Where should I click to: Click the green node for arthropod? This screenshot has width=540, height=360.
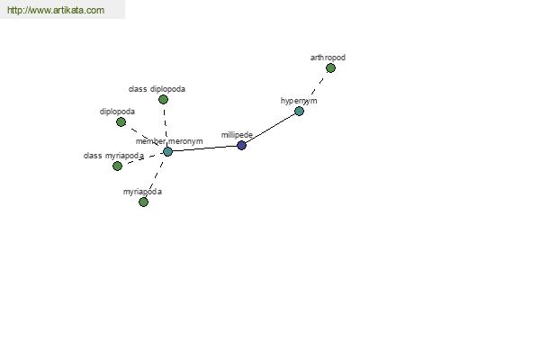(x=330, y=68)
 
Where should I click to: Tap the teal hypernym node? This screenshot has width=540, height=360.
(x=299, y=111)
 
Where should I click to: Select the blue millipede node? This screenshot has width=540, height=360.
(x=241, y=145)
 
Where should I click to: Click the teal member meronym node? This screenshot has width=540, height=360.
(x=167, y=151)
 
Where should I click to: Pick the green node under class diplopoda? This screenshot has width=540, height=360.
(x=163, y=99)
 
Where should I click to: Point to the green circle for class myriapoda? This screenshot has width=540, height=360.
(x=117, y=166)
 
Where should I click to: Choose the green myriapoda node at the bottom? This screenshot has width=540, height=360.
(x=143, y=202)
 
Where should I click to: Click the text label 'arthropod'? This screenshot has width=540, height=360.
(x=328, y=58)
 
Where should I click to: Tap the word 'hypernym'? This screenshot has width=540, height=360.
(x=299, y=101)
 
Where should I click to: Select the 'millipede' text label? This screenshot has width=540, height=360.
(x=237, y=134)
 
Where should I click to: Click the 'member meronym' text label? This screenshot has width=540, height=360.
(x=169, y=141)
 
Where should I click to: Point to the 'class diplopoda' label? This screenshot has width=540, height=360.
(x=157, y=89)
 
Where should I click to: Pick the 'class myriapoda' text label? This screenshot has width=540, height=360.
(x=113, y=156)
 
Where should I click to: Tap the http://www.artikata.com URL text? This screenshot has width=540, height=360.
(x=55, y=11)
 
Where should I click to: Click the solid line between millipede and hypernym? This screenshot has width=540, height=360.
(x=270, y=128)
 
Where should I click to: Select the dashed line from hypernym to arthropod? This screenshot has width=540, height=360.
(x=315, y=89)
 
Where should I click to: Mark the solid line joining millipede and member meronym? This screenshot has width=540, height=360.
(x=204, y=148)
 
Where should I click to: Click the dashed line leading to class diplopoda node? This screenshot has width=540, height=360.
(x=165, y=124)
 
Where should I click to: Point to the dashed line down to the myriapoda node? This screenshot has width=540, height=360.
(x=155, y=177)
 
